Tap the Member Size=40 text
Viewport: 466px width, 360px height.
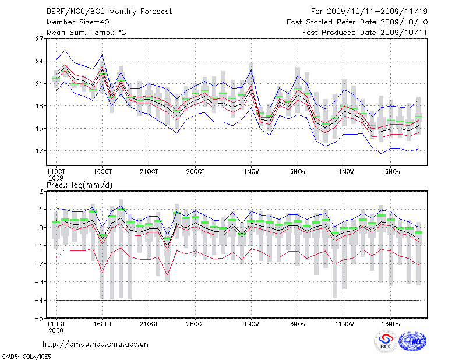tap(73, 22)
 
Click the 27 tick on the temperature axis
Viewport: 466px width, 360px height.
tap(40, 39)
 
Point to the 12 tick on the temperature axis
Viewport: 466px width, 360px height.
tap(40, 150)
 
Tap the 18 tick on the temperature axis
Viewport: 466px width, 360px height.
tap(40, 106)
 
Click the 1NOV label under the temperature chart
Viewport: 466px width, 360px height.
tap(251, 172)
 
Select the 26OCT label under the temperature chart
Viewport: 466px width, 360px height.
tap(195, 172)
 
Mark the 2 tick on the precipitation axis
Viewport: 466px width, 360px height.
tap(41, 191)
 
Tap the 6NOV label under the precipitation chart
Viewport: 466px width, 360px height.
tap(298, 323)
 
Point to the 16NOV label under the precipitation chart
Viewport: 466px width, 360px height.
tap(390, 323)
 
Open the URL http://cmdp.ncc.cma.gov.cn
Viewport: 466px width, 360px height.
tap(96, 344)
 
